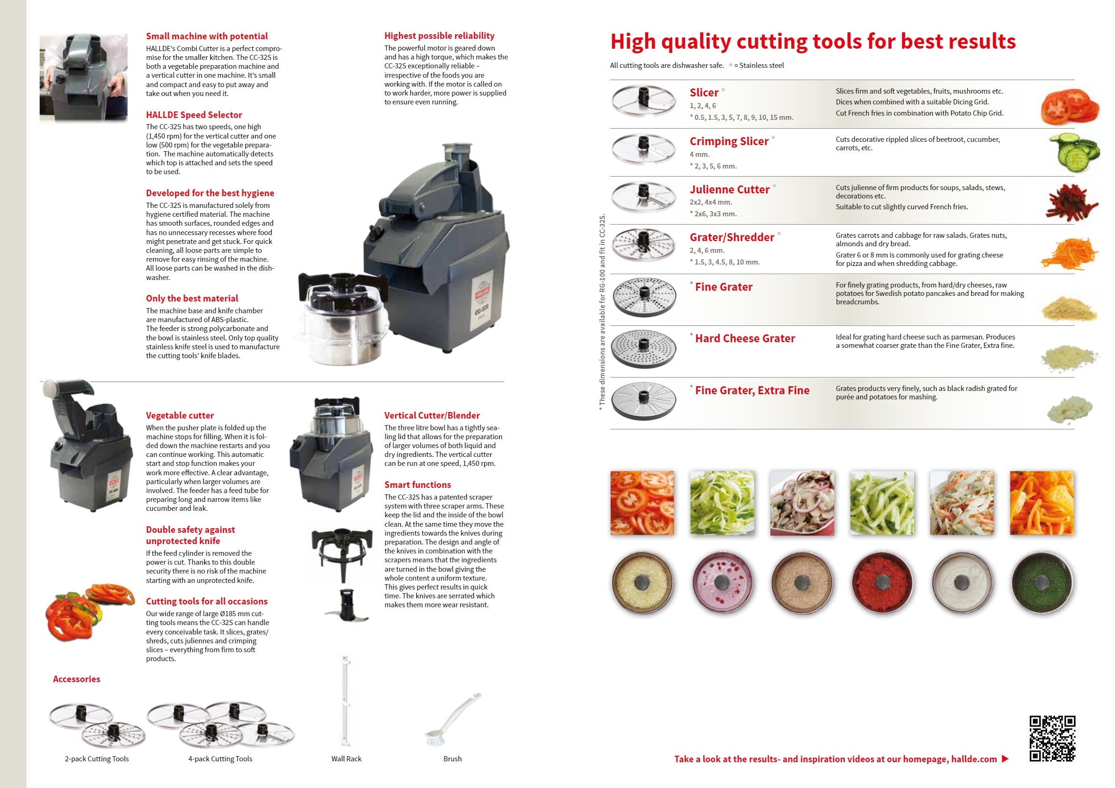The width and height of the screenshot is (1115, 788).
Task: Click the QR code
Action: click(x=1052, y=738)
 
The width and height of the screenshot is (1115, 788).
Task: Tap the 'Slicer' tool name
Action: click(x=704, y=93)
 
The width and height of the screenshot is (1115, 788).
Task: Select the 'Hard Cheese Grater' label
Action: click(x=745, y=339)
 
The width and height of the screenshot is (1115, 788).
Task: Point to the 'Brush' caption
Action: click(x=452, y=759)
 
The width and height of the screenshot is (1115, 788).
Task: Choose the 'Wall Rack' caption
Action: click(x=346, y=759)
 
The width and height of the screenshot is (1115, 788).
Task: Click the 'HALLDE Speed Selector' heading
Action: click(x=194, y=115)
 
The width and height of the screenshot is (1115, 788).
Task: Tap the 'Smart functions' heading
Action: click(x=418, y=485)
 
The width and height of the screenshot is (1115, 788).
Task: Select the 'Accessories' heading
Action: click(x=77, y=679)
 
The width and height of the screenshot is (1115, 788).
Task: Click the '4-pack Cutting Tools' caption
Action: click(x=220, y=759)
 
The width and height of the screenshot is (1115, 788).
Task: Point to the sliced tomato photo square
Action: click(x=642, y=503)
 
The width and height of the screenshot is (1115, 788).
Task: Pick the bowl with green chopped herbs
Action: click(x=1041, y=582)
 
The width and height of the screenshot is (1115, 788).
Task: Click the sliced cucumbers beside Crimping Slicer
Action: click(x=1074, y=153)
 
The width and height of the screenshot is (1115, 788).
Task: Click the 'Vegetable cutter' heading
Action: click(x=180, y=416)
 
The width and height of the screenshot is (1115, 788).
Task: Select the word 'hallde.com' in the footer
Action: click(x=974, y=759)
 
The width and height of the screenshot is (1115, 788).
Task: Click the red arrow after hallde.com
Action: click(x=1005, y=759)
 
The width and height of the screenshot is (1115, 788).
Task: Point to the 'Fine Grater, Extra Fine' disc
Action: click(x=643, y=400)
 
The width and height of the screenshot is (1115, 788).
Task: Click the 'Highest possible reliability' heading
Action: click(x=439, y=36)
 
